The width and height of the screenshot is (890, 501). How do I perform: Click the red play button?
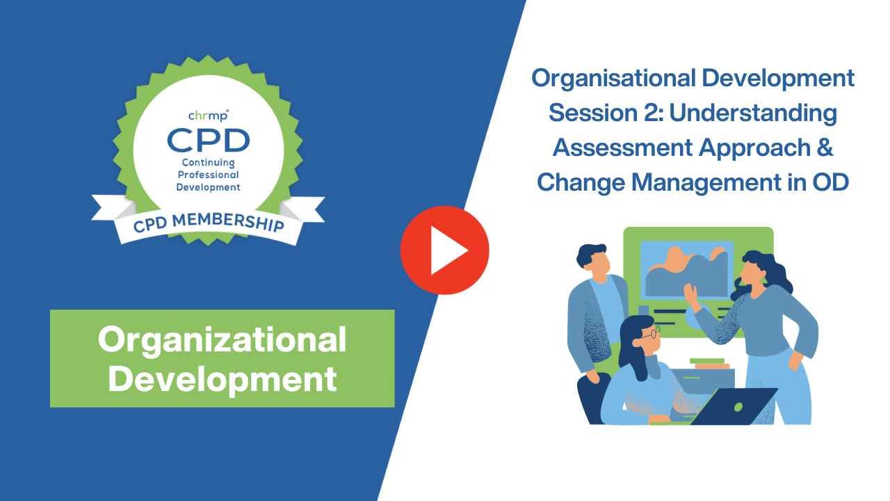(445, 250)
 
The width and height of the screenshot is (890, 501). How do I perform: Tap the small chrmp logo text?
(208, 115)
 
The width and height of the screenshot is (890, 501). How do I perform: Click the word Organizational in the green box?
(222, 340)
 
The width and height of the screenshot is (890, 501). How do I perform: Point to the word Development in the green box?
(222, 379)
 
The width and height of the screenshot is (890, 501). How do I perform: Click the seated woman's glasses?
(649, 335)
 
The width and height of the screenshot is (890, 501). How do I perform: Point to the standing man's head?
(593, 259)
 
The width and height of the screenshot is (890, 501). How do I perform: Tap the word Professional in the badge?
(208, 175)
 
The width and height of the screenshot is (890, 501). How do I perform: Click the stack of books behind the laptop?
(710, 363)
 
